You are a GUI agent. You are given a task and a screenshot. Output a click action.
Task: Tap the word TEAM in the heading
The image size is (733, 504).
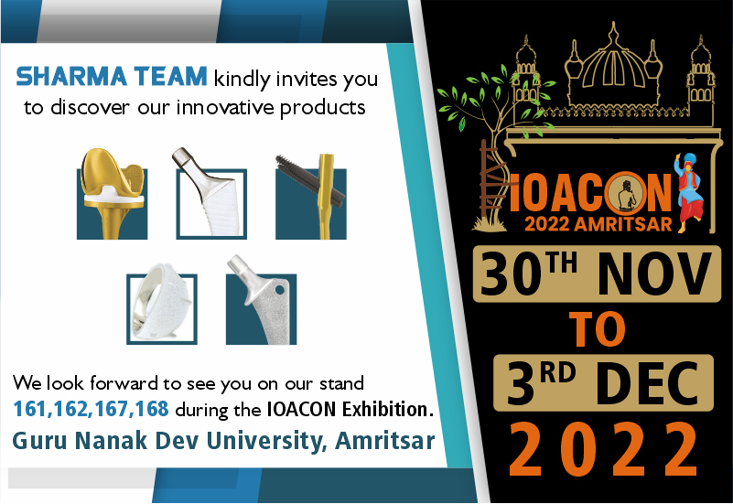point(170,77)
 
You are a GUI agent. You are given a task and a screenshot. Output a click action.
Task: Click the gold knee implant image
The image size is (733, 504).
point(113,193)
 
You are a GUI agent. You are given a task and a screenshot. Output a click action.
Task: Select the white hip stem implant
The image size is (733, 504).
point(210,193)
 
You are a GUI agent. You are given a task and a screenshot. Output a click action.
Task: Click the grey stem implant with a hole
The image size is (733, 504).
point(262,300)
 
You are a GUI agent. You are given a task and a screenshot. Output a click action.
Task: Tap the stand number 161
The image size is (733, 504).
point(31,409)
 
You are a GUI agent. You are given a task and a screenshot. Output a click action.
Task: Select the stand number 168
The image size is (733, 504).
point(152,409)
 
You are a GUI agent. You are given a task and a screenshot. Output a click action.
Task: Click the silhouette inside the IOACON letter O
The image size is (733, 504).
point(625,195)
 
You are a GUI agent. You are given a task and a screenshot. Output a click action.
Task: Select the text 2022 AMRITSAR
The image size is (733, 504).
point(598,224)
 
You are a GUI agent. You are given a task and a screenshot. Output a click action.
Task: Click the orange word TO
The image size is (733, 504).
point(597,330)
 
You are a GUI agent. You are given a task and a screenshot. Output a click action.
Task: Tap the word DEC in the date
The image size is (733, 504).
point(647,383)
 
